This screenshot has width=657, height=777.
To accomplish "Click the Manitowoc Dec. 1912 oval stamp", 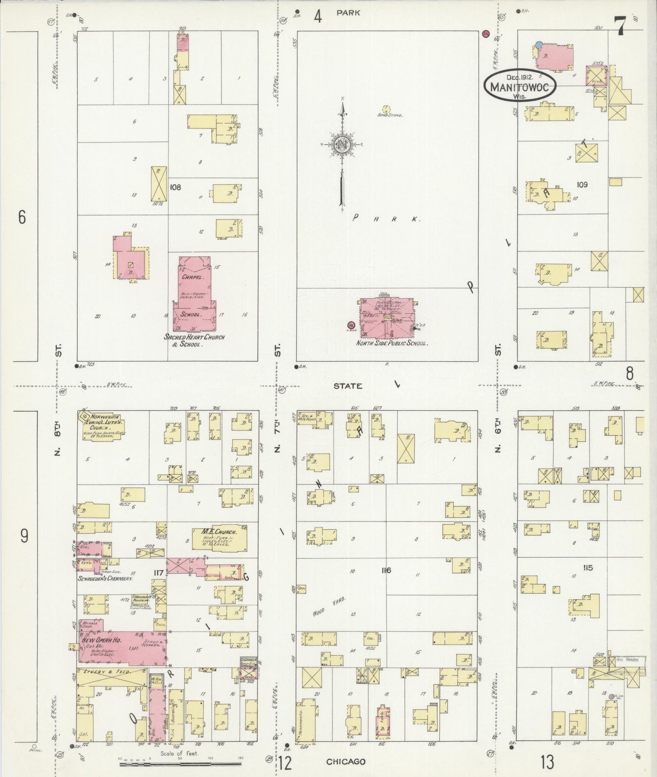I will click(520, 86).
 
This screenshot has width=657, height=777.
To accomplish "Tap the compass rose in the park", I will click(341, 145).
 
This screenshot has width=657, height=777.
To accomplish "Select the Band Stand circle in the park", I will click(386, 109).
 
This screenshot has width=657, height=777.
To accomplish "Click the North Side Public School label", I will click(392, 343).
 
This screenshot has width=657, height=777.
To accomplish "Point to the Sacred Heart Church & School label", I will click(195, 341).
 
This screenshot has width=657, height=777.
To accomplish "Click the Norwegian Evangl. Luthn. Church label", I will click(104, 421).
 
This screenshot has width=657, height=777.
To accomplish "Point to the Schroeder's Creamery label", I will click(105, 579).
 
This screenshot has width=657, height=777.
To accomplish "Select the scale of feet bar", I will click(182, 765).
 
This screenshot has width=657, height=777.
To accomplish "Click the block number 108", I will click(175, 187).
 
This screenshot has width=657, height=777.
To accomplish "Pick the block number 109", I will click(582, 185).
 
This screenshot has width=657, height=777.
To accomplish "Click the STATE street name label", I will click(348, 386).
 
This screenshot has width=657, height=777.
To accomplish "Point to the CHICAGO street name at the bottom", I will click(346, 762).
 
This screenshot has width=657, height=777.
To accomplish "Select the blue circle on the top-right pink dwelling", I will click(539, 45).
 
